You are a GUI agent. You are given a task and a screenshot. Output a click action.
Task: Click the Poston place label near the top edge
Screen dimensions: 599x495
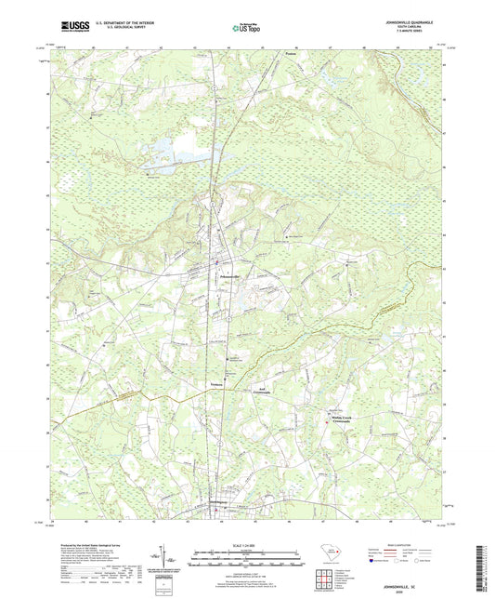[290, 55]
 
